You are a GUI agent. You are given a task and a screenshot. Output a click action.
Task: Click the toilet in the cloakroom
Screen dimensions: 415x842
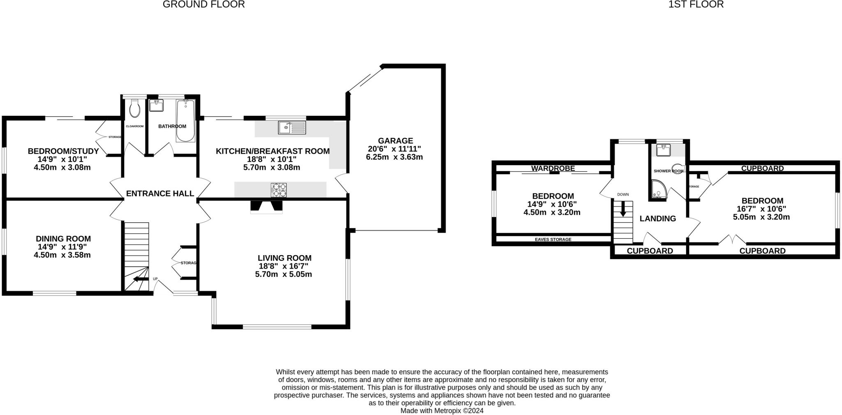[134, 109]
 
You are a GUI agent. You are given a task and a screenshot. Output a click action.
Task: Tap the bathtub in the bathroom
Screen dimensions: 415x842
[185, 121]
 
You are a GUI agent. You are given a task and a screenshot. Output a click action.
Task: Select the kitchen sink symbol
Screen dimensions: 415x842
[291, 127]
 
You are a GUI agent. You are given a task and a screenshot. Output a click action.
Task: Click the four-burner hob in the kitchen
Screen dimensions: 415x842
[279, 190]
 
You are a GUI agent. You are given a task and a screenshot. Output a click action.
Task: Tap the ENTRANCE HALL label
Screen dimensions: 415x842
[160, 194]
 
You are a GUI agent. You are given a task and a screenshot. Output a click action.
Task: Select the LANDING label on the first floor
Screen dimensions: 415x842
[657, 219]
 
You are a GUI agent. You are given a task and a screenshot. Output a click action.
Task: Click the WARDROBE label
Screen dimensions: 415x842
[553, 168]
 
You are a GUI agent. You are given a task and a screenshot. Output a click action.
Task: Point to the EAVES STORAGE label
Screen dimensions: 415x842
[553, 240]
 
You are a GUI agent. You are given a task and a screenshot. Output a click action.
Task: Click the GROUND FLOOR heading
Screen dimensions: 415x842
[204, 5]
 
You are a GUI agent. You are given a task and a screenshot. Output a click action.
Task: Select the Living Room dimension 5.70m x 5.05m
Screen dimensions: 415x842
[283, 274]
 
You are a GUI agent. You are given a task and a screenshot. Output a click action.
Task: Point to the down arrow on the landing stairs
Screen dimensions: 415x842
[623, 209]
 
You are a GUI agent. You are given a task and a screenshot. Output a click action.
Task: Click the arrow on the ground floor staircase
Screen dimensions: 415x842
[139, 279]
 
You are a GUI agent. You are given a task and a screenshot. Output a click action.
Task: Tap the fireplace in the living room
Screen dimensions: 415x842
[266, 206]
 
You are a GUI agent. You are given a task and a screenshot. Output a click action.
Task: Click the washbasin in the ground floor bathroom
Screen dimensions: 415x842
[156, 106]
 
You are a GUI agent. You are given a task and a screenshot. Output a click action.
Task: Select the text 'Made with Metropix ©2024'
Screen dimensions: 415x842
[442, 410]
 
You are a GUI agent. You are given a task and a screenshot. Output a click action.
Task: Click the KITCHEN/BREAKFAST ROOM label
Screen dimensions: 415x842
[273, 151]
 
